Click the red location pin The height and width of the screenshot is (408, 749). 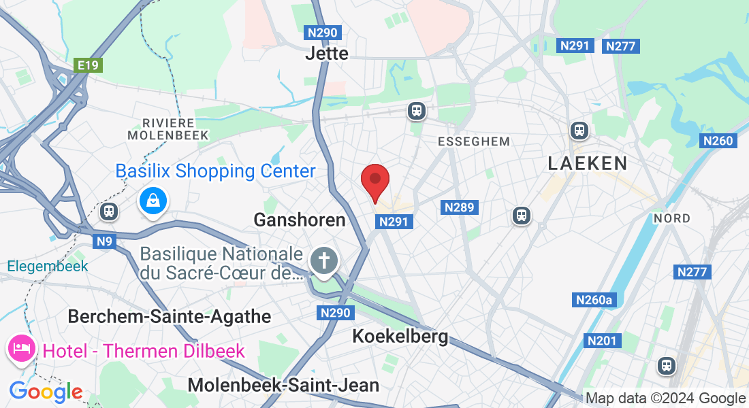pos(374,181)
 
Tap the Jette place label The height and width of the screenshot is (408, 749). pos(327,53)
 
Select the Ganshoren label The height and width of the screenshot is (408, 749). pos(300,220)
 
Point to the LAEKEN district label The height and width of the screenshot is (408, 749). pos(588,163)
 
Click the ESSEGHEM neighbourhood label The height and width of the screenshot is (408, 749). pos(474,141)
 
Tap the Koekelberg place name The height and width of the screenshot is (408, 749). pos(400,336)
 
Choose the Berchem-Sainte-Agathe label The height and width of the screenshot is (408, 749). pos(170,316)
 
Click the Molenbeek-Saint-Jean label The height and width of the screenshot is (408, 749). pos(283,385)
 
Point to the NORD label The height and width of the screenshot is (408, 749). pos(671,218)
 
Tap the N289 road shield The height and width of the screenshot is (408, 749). pos(459,207)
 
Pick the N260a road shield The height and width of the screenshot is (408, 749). pos(594,300)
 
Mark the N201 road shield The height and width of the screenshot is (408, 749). pos(601,340)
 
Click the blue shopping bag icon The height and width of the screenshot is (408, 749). pos(155,201)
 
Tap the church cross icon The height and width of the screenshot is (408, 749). pos(324,260)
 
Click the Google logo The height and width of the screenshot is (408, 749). pos(46,392)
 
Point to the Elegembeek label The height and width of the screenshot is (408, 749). pos(48,266)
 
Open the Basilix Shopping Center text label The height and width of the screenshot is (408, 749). pos(215,171)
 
